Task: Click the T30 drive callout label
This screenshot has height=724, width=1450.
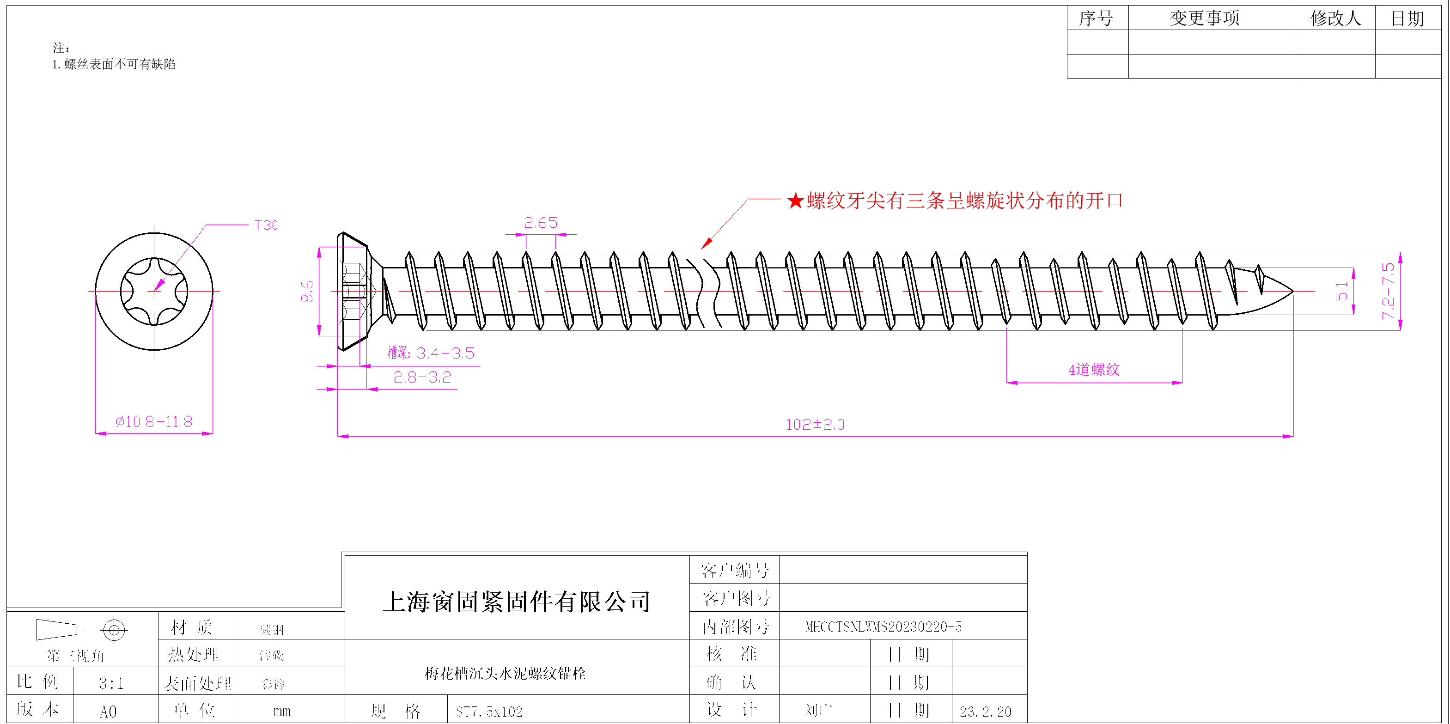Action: (266, 225)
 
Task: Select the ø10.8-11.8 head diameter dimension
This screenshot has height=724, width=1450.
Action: (154, 422)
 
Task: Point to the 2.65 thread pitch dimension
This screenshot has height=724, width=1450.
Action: (540, 223)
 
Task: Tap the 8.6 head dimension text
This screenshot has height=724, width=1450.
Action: (307, 292)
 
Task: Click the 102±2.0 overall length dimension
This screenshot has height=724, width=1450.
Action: (815, 425)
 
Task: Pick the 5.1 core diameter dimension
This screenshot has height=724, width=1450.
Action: (1342, 291)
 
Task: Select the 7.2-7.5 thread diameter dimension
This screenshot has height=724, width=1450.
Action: (1388, 291)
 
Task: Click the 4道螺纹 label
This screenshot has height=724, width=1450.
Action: (1094, 370)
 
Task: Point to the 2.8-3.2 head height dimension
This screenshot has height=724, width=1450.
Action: (422, 377)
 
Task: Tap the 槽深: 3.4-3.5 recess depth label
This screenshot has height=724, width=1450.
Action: (431, 353)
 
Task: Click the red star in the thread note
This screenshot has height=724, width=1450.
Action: (795, 201)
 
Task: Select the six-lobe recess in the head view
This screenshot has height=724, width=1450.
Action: (154, 291)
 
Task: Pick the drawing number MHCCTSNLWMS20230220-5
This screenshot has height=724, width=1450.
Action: (883, 627)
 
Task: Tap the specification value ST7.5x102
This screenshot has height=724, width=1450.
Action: (489, 712)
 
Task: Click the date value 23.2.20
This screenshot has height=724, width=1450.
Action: (985, 712)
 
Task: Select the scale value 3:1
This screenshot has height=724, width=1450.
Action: (111, 683)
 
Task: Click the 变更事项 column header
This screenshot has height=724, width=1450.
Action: (1205, 18)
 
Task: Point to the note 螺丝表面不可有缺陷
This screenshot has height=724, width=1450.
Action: (119, 64)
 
